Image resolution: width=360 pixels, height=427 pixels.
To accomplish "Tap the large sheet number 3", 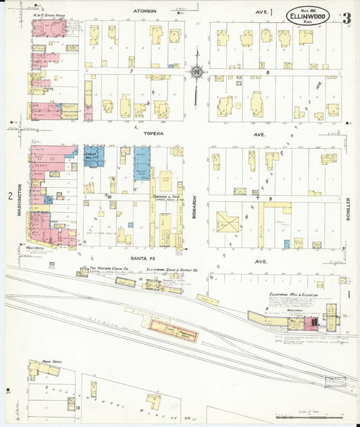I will tap(346, 18).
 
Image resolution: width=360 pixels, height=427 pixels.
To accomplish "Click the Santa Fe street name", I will tap(145, 260).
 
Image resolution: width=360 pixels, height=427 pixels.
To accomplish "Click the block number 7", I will tap(133, 70).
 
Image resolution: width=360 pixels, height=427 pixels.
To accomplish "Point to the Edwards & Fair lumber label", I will tap(165, 196).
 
